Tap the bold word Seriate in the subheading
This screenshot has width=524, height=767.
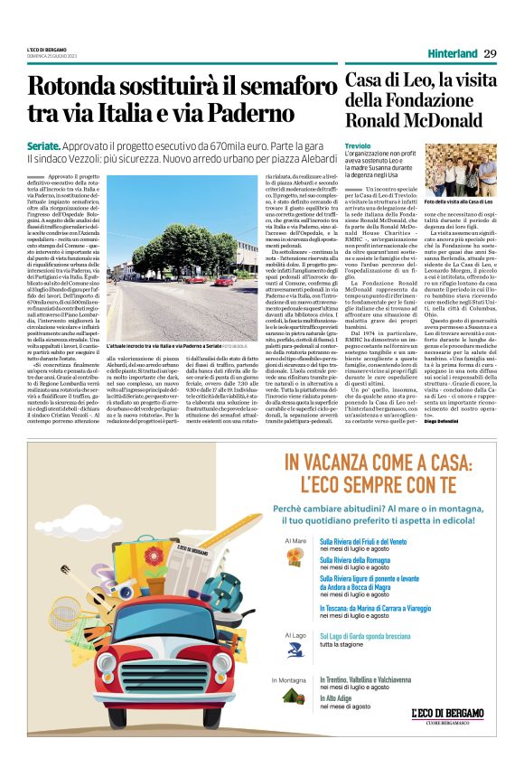(44, 145)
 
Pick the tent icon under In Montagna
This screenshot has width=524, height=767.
(293, 694)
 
